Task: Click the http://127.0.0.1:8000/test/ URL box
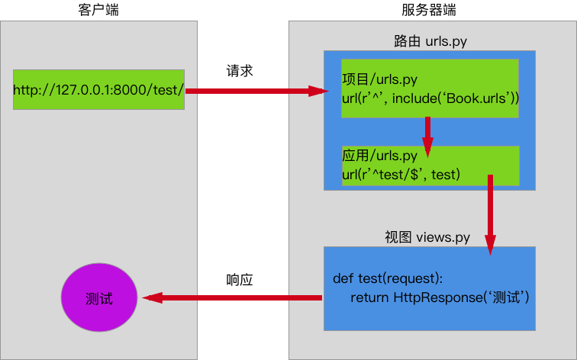pyautogui.click(x=98, y=89)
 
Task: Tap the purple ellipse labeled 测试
pyautogui.click(x=99, y=298)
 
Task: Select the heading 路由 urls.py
pyautogui.click(x=430, y=40)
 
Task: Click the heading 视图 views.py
pyautogui.click(x=427, y=237)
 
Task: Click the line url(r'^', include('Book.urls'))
pyautogui.click(x=430, y=98)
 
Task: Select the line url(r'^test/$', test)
pyautogui.click(x=401, y=175)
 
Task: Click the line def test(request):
pyautogui.click(x=388, y=277)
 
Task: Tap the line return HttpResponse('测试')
pyautogui.click(x=440, y=297)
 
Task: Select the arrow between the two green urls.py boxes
pyautogui.click(x=428, y=134)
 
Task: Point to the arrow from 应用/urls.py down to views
pyautogui.click(x=490, y=214)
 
